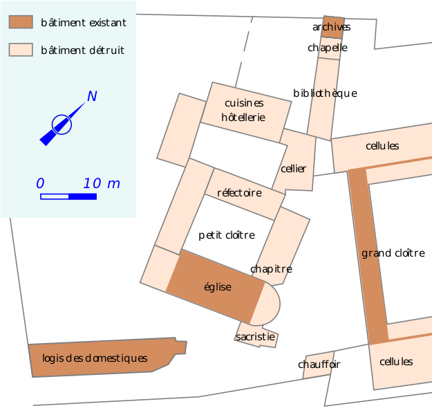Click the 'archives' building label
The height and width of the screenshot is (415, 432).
pos(332,27)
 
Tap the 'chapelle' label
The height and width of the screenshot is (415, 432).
pos(328,48)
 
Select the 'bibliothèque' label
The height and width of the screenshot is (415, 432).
pos(325,93)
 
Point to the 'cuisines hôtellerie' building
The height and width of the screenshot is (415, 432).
pos(244,111)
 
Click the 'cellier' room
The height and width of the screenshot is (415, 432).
pos(294,168)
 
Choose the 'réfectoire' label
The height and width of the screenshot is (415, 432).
pos(239,192)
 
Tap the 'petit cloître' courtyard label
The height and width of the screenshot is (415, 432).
pos(227,234)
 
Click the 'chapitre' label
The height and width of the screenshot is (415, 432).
pos(271,268)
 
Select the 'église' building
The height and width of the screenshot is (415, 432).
pos(218,286)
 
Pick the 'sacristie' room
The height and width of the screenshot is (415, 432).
pos(256,337)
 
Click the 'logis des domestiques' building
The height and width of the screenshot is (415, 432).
pos(95,358)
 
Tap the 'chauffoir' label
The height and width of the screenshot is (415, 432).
pos(319,364)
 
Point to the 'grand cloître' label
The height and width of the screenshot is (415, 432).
pos(393,253)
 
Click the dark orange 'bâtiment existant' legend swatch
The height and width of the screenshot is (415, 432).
pos(21,22)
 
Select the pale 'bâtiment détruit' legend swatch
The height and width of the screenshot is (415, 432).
pos(21,50)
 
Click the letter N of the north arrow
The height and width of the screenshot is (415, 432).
pos(91,96)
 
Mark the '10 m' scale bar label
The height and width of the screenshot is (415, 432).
pos(102,183)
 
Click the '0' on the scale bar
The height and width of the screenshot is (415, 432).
pos(40,183)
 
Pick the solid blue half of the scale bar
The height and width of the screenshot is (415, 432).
pos(82,196)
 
